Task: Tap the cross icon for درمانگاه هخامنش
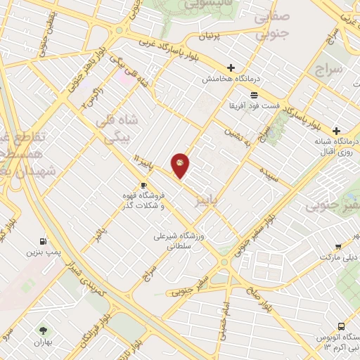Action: click(x=231, y=67)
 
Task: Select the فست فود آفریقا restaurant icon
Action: click(x=253, y=94)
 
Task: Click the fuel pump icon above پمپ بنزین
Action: click(x=44, y=240)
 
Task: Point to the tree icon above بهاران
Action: click(x=44, y=330)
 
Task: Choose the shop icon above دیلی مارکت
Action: click(x=338, y=247)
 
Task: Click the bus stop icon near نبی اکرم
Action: click(x=340, y=328)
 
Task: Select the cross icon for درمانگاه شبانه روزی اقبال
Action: click(x=336, y=131)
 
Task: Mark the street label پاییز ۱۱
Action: click(x=142, y=163)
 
